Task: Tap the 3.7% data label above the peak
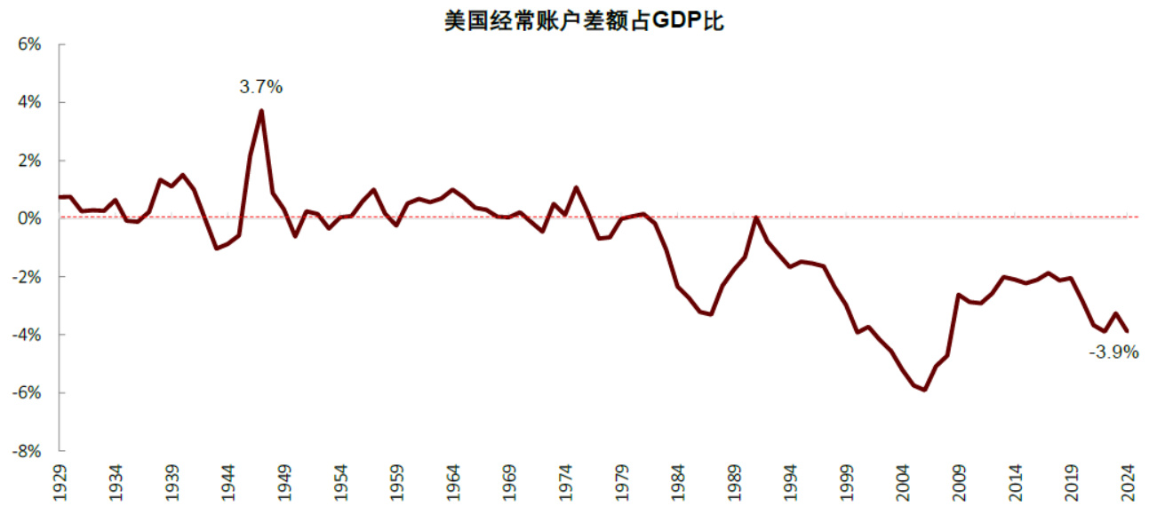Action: tap(260, 87)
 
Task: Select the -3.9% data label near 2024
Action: tap(1113, 352)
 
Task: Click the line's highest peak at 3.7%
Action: tap(261, 111)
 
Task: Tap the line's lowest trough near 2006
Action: tap(925, 390)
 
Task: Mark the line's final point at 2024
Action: tap(1127, 331)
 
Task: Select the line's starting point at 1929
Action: tap(60, 197)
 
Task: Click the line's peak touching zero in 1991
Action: tap(756, 217)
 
